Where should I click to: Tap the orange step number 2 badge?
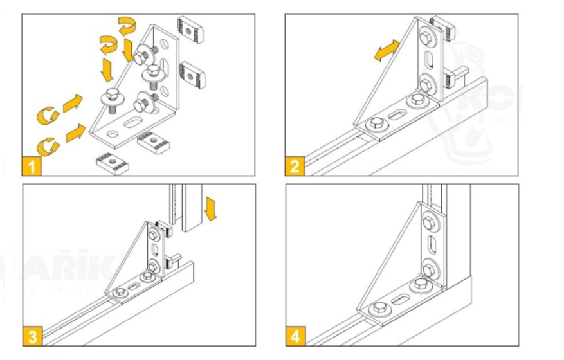[295, 166]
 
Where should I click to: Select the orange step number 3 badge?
[32, 336]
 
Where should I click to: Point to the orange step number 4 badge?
[295, 336]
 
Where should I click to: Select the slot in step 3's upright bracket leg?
[154, 249]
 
